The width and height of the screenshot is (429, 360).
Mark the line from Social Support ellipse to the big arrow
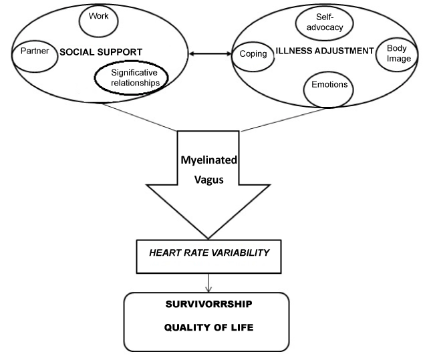point(134,116)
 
